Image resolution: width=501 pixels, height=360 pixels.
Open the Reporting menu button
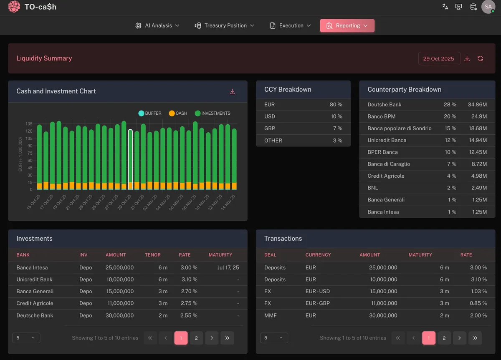pos(347,25)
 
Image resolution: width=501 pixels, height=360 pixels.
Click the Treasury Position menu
pos(224,25)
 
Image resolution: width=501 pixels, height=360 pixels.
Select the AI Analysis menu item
pos(157,25)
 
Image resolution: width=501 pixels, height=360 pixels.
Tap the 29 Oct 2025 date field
pos(438,59)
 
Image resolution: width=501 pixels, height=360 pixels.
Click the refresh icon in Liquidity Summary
pos(480,59)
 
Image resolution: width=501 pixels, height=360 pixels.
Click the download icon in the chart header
pos(233,92)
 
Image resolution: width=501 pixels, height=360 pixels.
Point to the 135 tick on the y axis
pos(29,124)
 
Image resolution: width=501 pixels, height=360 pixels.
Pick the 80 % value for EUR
pos(336,105)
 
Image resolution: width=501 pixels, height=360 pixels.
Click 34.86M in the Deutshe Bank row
pos(477,105)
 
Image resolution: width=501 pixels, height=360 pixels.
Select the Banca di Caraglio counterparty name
pos(389,164)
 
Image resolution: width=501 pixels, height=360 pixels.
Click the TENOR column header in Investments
pos(153,255)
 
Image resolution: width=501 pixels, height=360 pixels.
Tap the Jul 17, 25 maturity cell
pos(228,268)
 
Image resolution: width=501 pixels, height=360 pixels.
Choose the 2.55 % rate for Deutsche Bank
pos(189,316)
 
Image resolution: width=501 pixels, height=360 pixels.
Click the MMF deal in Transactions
pos(270,316)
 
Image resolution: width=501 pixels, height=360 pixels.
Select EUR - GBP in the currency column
pos(317,303)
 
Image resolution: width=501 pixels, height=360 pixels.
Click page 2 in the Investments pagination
pos(196,338)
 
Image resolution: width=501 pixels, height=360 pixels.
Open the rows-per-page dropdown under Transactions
pos(274,338)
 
